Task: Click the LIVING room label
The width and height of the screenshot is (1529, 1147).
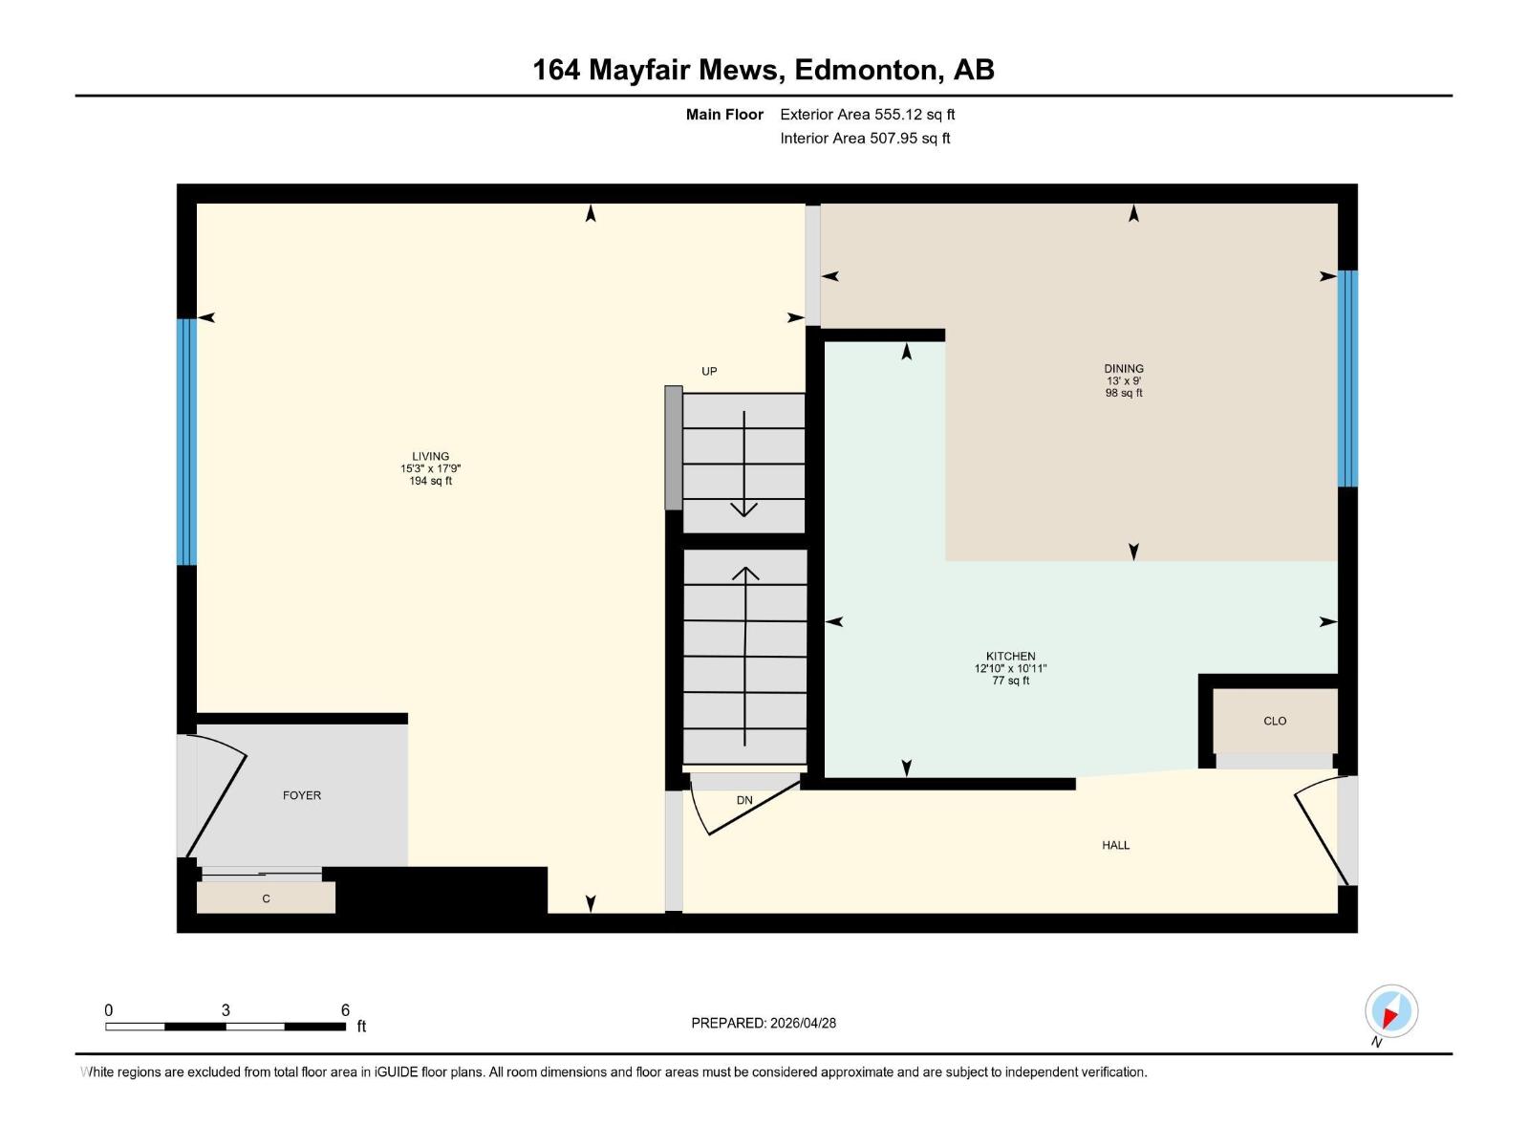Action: [430, 457]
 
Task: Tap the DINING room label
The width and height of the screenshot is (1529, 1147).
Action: [1123, 369]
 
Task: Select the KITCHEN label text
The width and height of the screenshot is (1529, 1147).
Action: [1010, 657]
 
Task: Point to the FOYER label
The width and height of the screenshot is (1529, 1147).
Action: [302, 795]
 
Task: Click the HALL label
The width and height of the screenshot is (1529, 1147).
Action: [1115, 845]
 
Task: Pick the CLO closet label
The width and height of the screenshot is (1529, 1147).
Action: [1275, 721]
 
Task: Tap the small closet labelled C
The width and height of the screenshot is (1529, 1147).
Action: [266, 898]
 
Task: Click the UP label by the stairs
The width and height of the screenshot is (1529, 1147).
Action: [709, 372]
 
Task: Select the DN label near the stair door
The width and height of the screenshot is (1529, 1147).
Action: [744, 800]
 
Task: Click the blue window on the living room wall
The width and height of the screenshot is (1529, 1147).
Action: [186, 442]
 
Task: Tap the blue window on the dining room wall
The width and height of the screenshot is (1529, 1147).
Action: [1346, 379]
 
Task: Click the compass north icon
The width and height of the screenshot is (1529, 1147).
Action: [1390, 1011]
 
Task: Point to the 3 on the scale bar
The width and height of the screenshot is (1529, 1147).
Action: [226, 1010]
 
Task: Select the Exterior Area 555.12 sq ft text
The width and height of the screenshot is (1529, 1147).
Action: [867, 115]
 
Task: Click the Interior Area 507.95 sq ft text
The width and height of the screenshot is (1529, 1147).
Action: [865, 139]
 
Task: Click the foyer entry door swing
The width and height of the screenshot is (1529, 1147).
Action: [218, 798]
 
